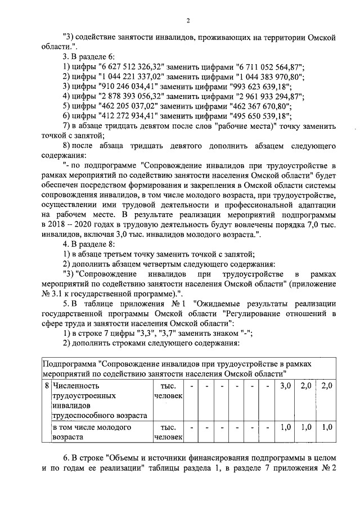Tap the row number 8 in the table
(x=46, y=386)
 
